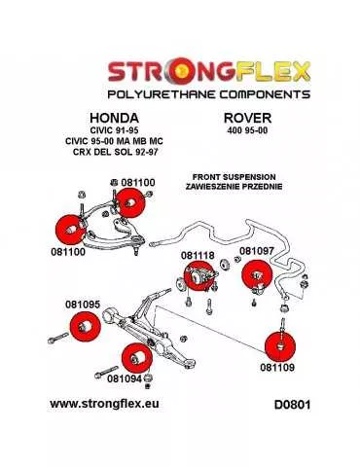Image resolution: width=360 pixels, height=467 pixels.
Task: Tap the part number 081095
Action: coord(83,305)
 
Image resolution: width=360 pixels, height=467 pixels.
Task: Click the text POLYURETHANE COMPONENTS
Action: coord(179,98)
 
